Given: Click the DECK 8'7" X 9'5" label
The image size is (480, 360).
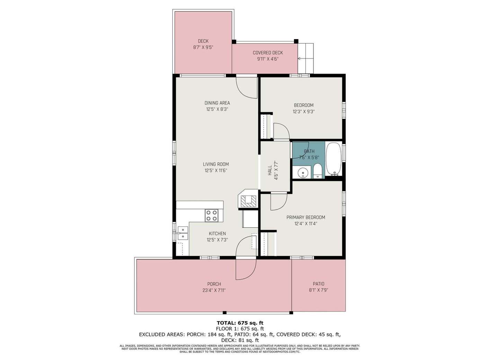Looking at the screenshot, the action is pos(203,44).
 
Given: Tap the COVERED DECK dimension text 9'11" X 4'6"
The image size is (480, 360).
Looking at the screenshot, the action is pos(268,59).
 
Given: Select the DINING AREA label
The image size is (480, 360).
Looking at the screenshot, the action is pos(217,103).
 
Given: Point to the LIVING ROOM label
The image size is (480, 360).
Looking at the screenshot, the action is pos(216,164).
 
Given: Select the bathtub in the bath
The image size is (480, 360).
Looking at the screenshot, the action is pos(334,159).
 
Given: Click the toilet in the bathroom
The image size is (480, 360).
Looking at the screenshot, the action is pos(317,172).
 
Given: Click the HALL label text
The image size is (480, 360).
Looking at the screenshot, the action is pos(270,170).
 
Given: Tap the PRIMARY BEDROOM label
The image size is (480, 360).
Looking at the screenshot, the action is pos(306,217).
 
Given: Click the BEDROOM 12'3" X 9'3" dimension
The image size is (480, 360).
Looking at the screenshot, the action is pos(303,111).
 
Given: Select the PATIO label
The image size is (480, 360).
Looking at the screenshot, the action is pos(318,284).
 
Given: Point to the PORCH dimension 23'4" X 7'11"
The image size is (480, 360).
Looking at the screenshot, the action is pos(214,290).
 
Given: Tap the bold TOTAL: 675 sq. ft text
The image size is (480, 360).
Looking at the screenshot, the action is pos(240,323).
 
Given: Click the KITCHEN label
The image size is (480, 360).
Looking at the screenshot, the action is pos(217,233).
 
